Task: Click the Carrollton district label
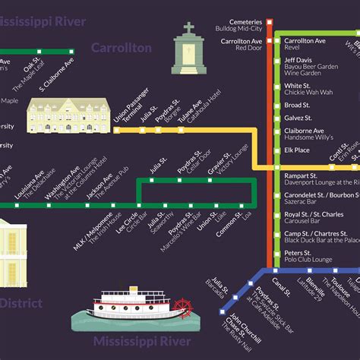pyautogui.click(x=122, y=48)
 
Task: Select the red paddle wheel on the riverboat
pyautogui.click(x=182, y=308)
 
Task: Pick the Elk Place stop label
pyautogui.click(x=297, y=150)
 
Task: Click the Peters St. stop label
pyautogui.click(x=298, y=252)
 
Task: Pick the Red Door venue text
pyautogui.click(x=248, y=48)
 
